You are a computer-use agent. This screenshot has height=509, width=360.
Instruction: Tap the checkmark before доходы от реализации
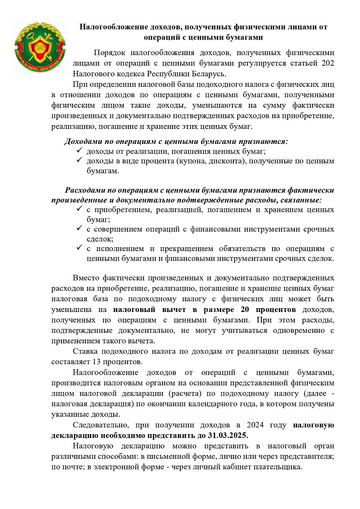click(x=79, y=152)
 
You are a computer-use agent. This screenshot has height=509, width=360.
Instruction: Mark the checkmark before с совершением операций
click(x=79, y=229)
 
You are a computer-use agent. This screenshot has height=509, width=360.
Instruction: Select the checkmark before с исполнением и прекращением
click(x=79, y=249)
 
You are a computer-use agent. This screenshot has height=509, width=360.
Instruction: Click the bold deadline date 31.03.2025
click(x=225, y=435)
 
